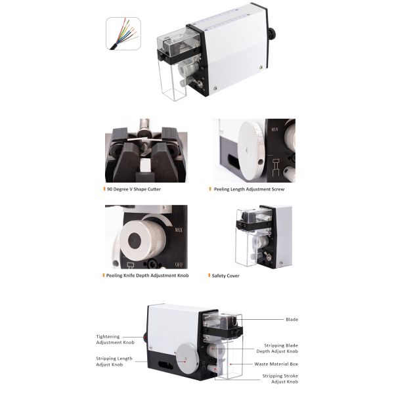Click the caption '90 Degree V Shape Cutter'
pos(135,189)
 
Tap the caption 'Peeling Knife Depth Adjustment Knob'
pos(147,275)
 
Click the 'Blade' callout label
pos(292,320)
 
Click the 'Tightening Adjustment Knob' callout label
pos(108,339)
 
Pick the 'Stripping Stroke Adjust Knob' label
pos(281,379)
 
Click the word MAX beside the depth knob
pos(178,230)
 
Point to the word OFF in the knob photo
pos(179,264)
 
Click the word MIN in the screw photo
pos(276,129)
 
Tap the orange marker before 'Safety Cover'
pos(208,275)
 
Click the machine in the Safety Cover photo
pos(259,236)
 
